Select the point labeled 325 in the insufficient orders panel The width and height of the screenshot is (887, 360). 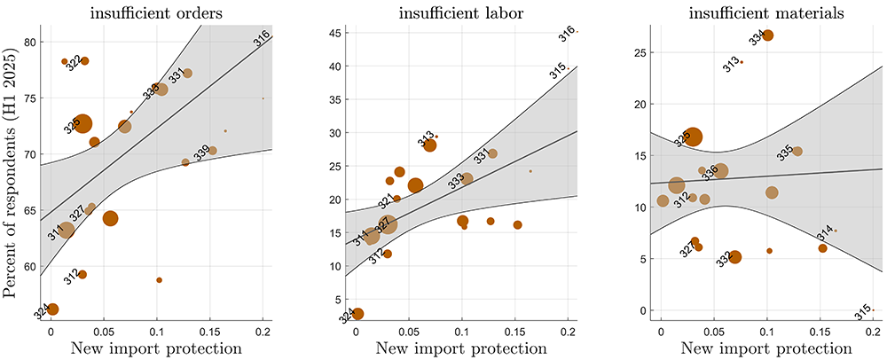[x=82, y=123]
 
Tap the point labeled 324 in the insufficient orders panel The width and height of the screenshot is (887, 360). [x=52, y=309]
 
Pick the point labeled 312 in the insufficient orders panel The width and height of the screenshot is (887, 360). [x=82, y=274]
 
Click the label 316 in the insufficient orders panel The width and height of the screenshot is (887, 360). [x=261, y=37]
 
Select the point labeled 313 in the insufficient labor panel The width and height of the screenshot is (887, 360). [x=430, y=145]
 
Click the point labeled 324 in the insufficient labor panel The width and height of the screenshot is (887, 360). [x=357, y=313]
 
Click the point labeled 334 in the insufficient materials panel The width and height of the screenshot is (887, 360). [x=768, y=35]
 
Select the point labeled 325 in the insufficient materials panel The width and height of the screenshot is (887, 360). [x=693, y=137]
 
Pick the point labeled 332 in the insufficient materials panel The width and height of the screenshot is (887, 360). [x=734, y=257]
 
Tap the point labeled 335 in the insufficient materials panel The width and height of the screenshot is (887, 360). [x=797, y=151]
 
